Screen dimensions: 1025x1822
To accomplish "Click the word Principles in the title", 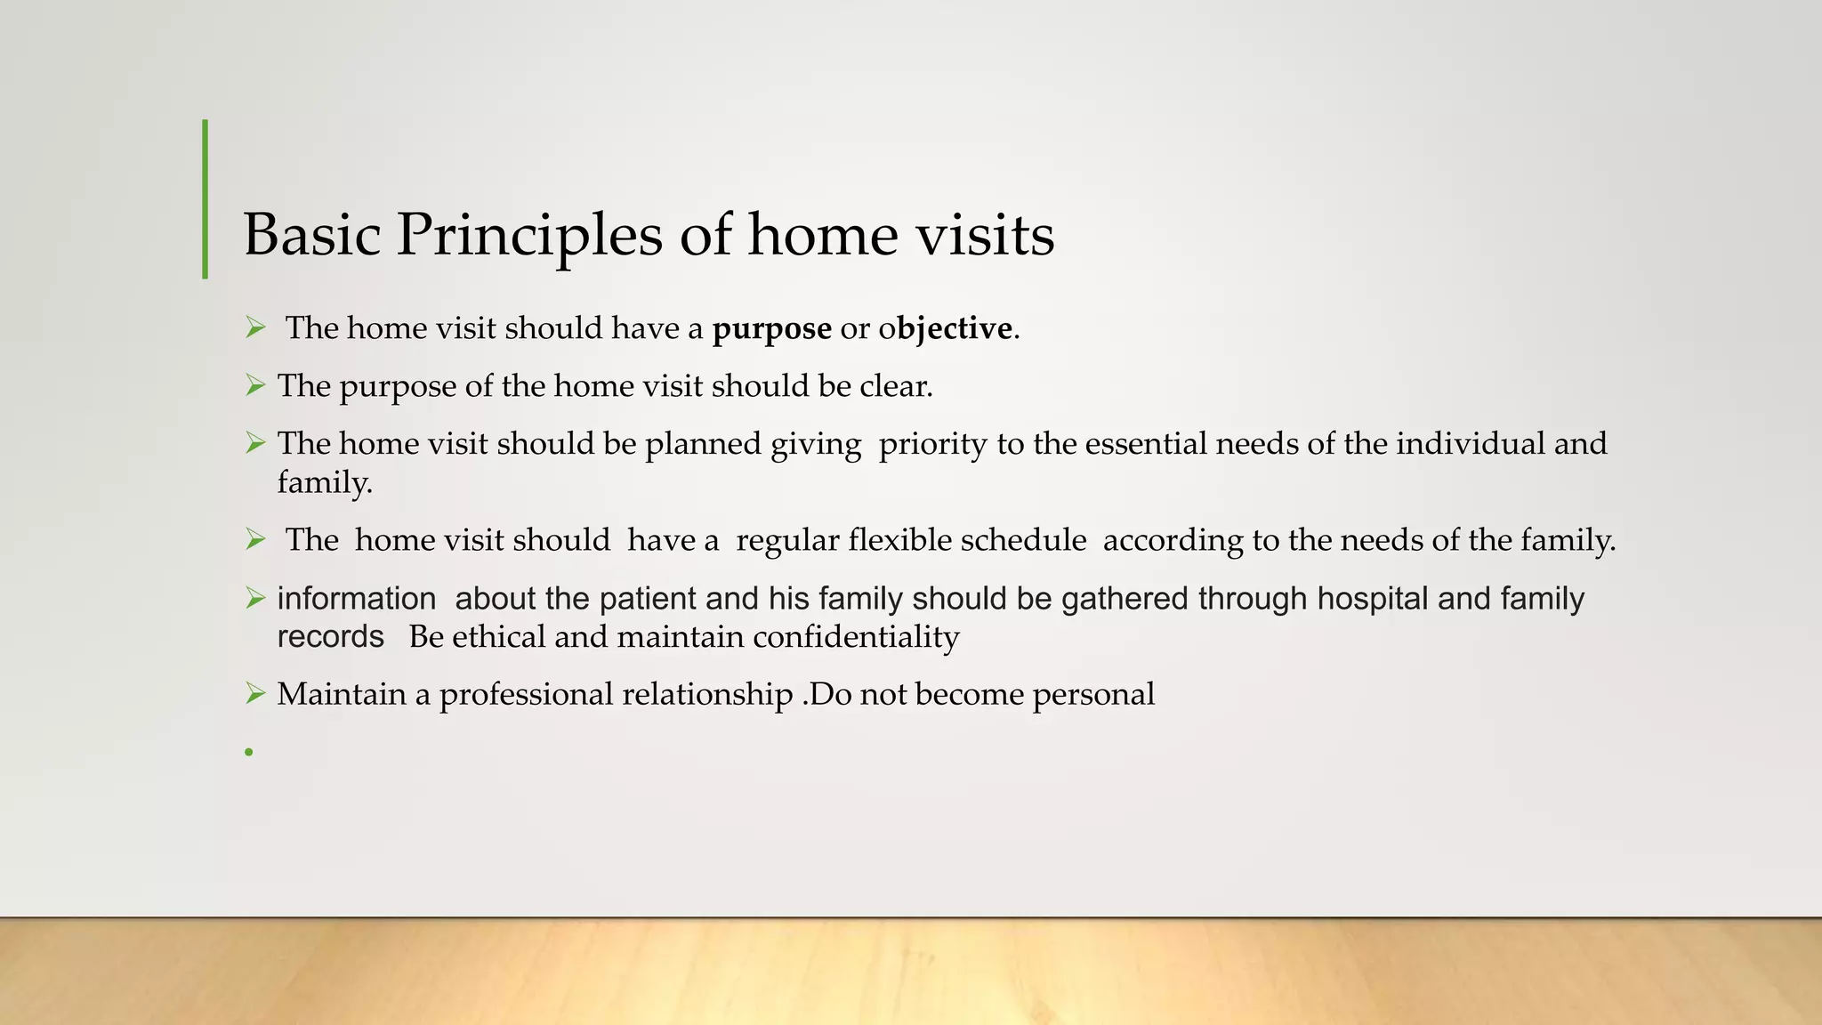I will point(529,235).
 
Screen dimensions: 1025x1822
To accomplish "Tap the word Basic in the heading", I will point(312,235).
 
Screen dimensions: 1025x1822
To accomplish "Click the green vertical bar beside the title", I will point(206,199).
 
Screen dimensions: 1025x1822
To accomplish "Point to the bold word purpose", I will point(772,329).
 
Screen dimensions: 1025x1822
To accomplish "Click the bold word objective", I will point(955,329).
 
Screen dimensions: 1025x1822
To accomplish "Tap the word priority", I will point(932,444).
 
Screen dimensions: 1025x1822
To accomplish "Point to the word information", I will point(357,599).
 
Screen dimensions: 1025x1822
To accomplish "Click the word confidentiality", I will point(856,637).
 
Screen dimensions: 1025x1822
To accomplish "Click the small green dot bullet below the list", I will point(250,753).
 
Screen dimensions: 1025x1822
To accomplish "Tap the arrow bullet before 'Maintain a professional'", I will point(255,693).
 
